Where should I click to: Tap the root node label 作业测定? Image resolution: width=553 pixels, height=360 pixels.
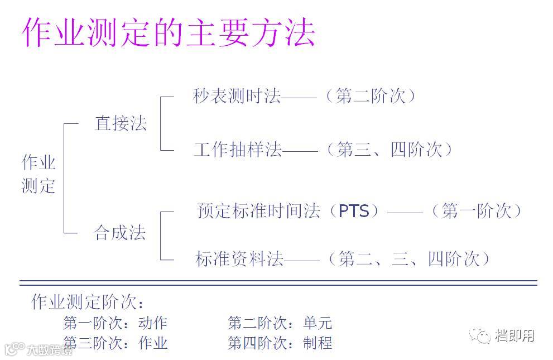coord(39,174)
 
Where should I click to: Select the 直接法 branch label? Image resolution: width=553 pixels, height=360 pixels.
coord(121,123)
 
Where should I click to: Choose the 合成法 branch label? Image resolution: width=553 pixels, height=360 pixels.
coord(120,232)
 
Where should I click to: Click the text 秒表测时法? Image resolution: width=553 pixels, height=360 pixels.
coord(237,97)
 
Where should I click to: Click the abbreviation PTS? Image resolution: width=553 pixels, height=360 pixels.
coord(354,212)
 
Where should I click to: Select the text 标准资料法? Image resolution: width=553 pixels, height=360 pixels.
coord(239,259)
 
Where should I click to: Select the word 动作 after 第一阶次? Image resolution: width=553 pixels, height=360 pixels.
coord(152,323)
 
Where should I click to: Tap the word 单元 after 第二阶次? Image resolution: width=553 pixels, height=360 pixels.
coord(318,323)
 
